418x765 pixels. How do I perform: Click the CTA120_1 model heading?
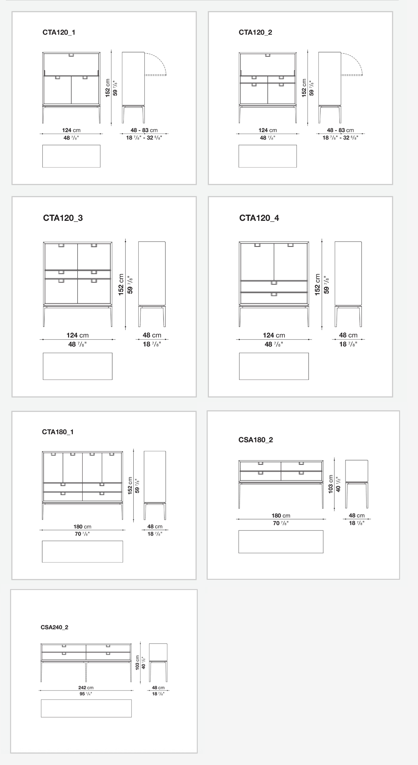pos(59,32)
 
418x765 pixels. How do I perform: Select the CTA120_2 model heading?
pos(255,32)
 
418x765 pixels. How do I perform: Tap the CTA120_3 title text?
pos(63,218)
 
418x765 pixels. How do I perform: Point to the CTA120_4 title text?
pos(259,218)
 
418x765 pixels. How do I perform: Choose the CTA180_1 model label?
pos(58,432)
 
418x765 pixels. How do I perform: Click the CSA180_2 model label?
pos(256,440)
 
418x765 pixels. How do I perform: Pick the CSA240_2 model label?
pos(54,627)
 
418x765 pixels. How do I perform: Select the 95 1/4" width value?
pos(86,694)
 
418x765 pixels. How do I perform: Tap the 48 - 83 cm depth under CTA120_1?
pos(144,130)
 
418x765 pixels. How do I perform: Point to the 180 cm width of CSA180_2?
pos(281,515)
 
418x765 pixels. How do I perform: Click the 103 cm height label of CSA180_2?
pos(331,484)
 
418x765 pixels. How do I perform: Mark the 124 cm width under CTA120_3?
pos(77,335)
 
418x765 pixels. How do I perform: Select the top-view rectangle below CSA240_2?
pos(86,708)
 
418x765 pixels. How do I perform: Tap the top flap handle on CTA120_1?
pos(71,55)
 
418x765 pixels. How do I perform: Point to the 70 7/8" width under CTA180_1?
pos(82,534)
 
